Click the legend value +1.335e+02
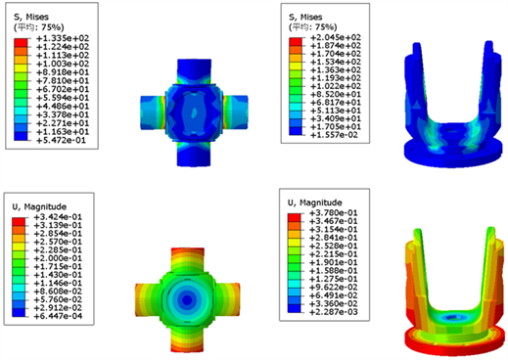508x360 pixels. point(63,38)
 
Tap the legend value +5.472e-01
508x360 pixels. point(61,140)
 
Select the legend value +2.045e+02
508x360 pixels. point(336,37)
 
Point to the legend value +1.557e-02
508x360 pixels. point(334,135)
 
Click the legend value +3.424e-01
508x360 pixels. point(58,217)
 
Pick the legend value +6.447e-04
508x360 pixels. point(58,316)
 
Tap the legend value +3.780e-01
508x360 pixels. point(334,213)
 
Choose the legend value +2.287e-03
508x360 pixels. point(334,312)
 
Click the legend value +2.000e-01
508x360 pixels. point(58,258)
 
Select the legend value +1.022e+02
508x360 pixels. point(336,86)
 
